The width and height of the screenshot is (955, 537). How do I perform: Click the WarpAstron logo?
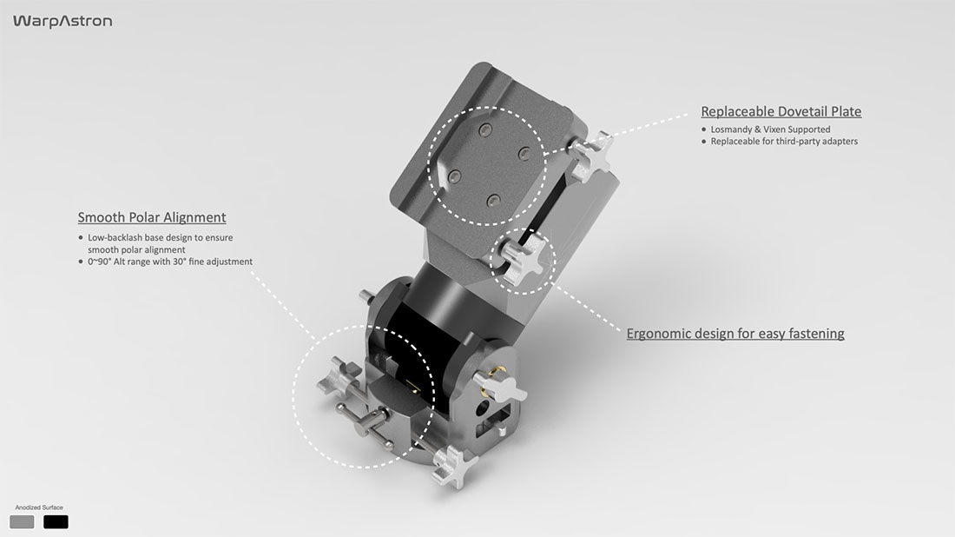63,22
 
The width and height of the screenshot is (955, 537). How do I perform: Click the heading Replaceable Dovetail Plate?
780,111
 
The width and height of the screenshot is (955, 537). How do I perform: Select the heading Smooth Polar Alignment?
152,217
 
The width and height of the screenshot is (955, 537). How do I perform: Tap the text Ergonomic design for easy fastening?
735,334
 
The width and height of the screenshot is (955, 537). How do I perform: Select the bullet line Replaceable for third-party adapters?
784,142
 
